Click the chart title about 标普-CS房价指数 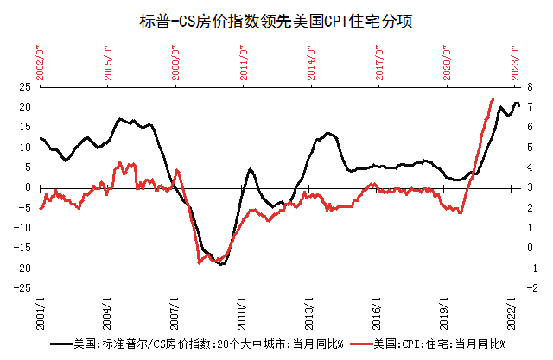(x=276, y=22)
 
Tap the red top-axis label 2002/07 (x=41, y=63)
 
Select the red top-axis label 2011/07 (x=244, y=63)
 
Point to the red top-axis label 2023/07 (x=515, y=63)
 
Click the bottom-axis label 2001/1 (x=41, y=313)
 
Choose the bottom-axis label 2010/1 (x=242, y=313)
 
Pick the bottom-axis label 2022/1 (x=512, y=313)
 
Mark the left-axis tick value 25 (x=25, y=86)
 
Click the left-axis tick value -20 (x=22, y=268)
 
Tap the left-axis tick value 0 (x=29, y=187)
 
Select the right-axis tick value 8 (x=530, y=86)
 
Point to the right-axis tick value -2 (x=532, y=288)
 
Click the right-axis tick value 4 (x=530, y=167)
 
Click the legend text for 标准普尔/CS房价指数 (x=208, y=344)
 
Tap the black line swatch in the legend (x=61, y=344)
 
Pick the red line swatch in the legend (x=362, y=344)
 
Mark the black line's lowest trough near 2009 (x=221, y=264)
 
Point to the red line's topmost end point (x=493, y=99)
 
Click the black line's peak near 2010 (x=250, y=170)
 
